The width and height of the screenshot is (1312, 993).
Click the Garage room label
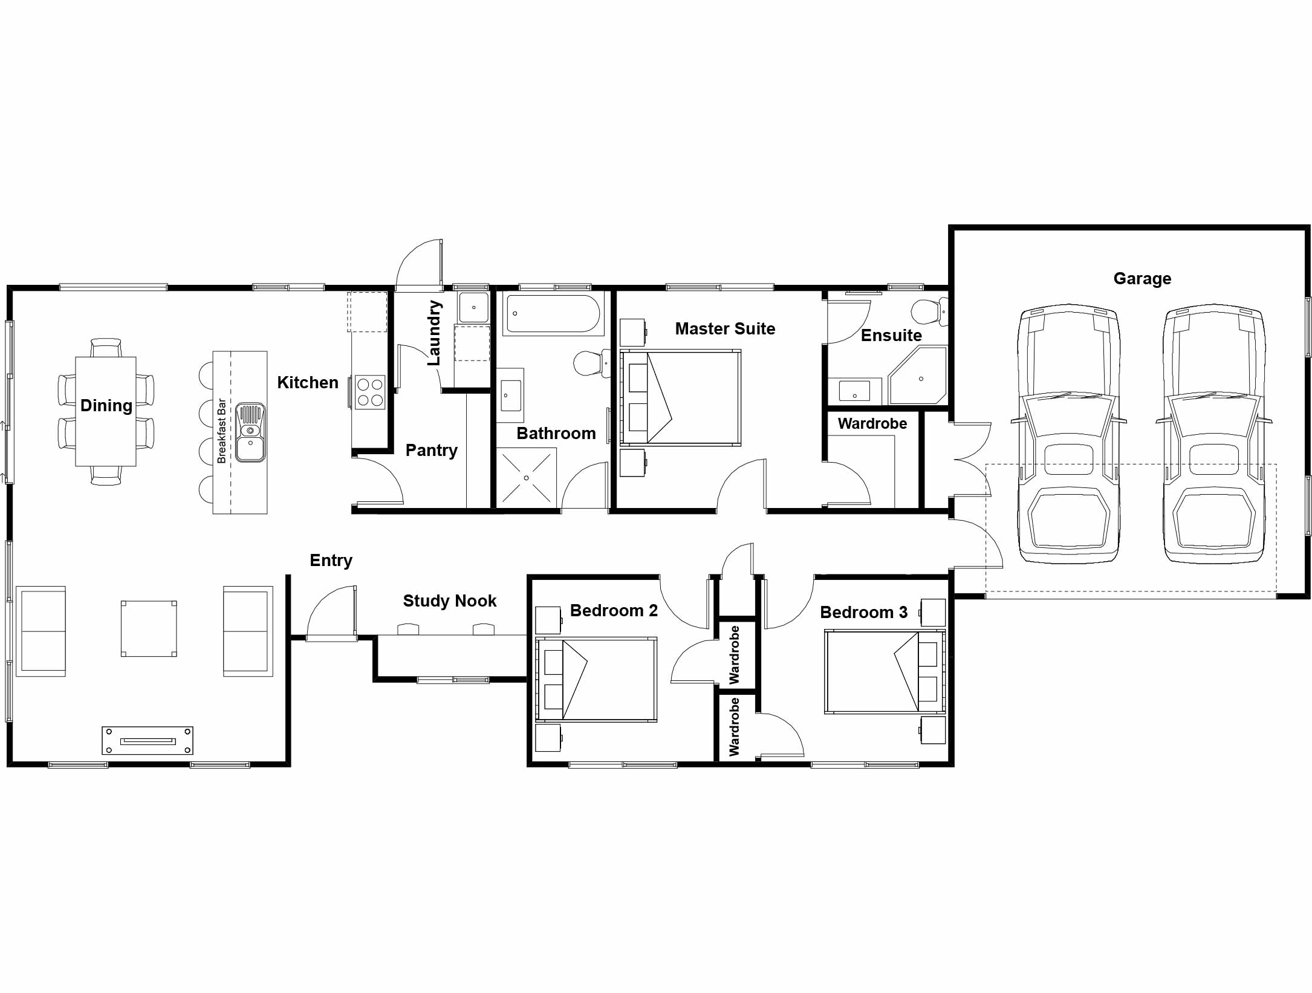point(1142,279)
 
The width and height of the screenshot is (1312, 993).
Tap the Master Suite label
point(725,328)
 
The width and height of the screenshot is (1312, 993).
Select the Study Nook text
point(449,601)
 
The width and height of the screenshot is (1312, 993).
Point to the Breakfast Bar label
point(221,431)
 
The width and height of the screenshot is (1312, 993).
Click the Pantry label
point(431,451)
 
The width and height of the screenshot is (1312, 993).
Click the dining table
point(106,411)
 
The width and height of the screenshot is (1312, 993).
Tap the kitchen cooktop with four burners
point(370,392)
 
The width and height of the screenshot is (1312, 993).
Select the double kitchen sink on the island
point(250,432)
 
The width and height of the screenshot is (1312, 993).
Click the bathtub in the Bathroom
point(553,313)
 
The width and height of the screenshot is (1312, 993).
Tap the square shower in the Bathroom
point(527,478)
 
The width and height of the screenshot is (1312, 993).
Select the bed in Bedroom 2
point(596,679)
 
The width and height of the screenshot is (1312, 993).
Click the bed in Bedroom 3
point(885,672)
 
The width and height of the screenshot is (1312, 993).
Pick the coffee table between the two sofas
point(149,628)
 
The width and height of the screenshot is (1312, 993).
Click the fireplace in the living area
point(148,741)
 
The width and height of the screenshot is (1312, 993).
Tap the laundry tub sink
point(473,308)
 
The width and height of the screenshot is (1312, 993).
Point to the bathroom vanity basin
point(510,396)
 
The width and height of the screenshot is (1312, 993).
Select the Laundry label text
point(434,333)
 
